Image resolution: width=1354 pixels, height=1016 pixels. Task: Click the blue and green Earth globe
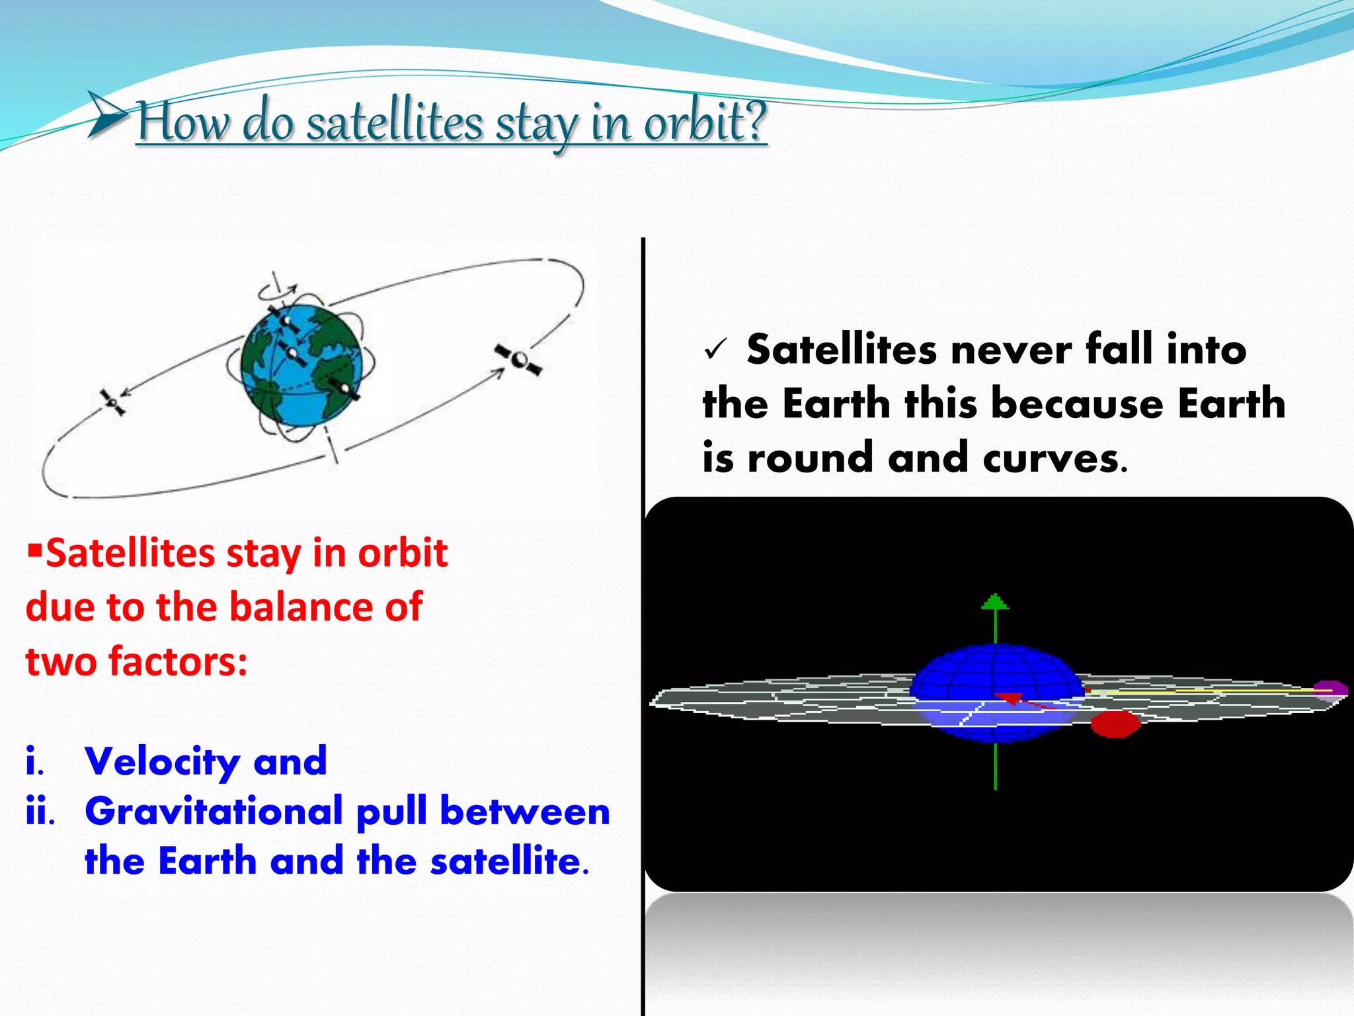pyautogui.click(x=302, y=365)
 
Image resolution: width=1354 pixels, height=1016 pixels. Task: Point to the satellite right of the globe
pyautogui.click(x=519, y=360)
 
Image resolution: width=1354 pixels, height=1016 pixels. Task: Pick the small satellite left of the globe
pyautogui.click(x=112, y=402)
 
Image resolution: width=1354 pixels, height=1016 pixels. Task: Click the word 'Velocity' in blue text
pyautogui.click(x=163, y=762)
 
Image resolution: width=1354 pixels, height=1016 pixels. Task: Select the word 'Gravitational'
pyautogui.click(x=214, y=811)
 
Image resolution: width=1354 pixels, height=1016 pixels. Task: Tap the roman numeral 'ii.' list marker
pyautogui.click(x=40, y=811)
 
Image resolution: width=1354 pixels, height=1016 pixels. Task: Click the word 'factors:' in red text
pyautogui.click(x=178, y=661)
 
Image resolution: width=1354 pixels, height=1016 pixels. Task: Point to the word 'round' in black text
pyautogui.click(x=811, y=458)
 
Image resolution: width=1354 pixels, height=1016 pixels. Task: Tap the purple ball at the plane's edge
pyautogui.click(x=1330, y=689)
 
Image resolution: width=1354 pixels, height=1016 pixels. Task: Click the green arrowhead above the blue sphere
pyautogui.click(x=995, y=601)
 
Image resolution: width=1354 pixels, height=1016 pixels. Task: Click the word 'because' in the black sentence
pyautogui.click(x=1078, y=403)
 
